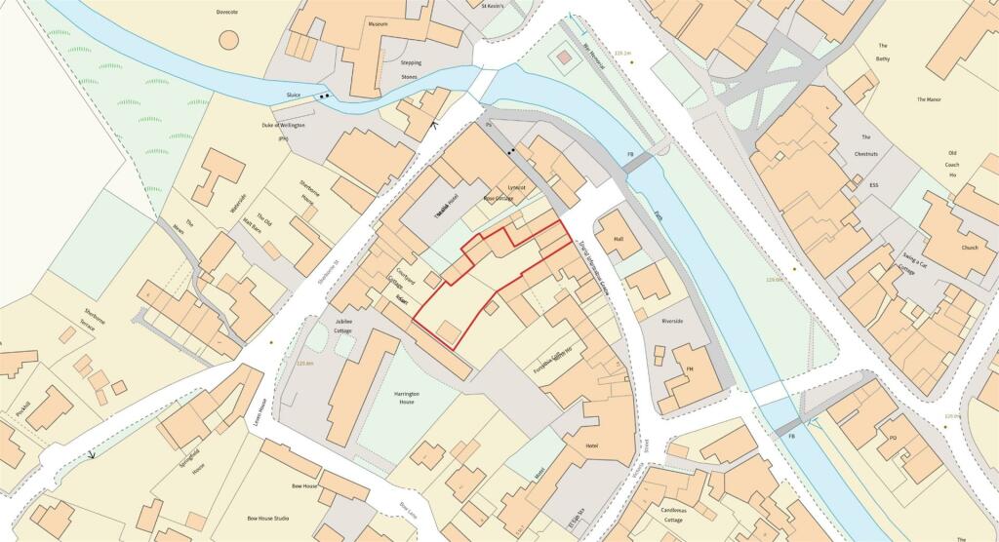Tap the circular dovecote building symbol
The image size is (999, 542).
click(228, 40)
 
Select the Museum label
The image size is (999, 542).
click(378, 23)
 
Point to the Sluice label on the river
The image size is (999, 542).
click(293, 96)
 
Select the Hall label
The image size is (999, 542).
click(617, 239)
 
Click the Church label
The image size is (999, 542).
click(969, 248)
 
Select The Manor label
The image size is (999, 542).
click(934, 99)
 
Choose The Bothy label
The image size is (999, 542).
click(882, 52)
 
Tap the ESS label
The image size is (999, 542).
click(874, 185)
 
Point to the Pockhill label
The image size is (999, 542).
click(21, 406)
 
